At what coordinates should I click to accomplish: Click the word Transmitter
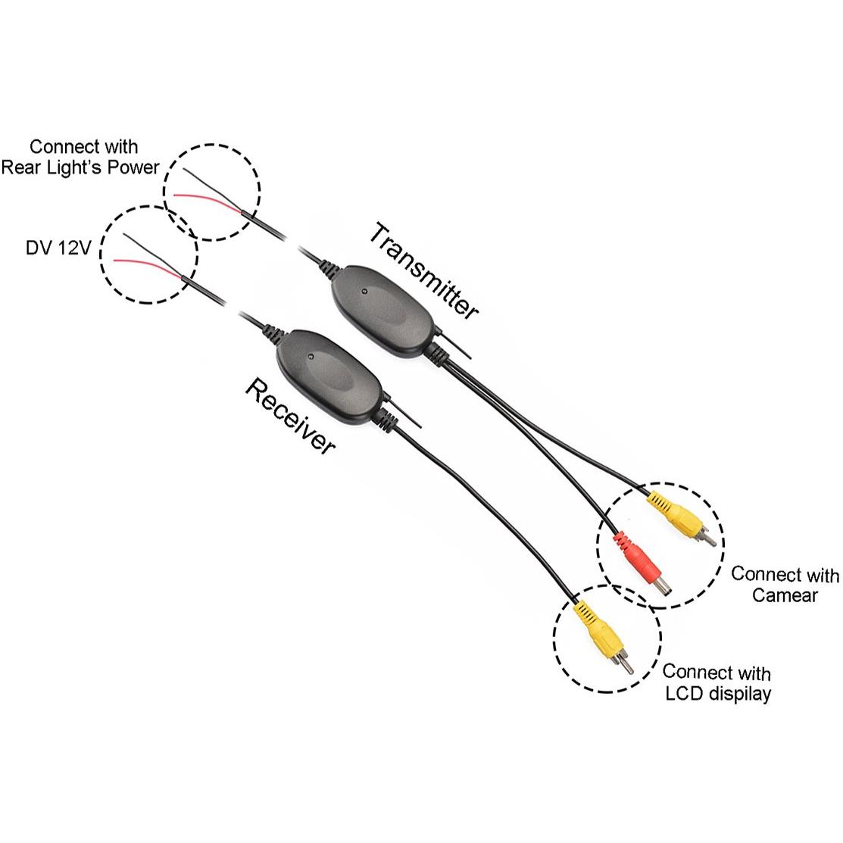point(423,271)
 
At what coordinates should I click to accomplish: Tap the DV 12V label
point(58,248)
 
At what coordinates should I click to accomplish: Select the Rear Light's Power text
point(80,167)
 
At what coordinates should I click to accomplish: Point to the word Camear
point(785,595)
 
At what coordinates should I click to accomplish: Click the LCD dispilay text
point(718,694)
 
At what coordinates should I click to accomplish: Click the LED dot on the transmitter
point(364,292)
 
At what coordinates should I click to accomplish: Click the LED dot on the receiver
point(310,357)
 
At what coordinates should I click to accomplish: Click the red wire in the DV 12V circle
point(148,266)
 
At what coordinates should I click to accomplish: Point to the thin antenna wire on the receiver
point(402,412)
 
